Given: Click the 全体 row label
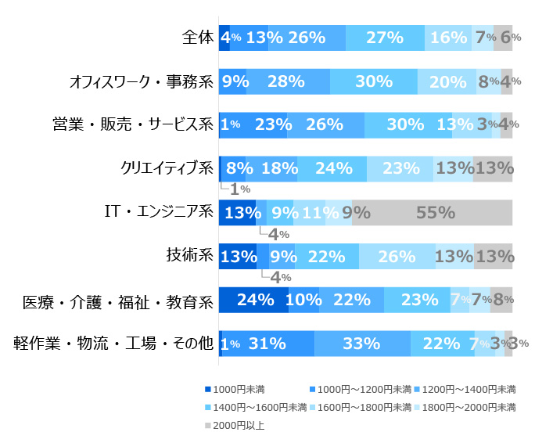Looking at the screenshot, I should [x=197, y=38].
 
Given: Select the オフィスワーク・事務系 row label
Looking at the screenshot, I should [x=141, y=81].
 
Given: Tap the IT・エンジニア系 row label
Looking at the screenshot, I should [x=159, y=212].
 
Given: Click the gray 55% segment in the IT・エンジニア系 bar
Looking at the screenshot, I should [x=433, y=212].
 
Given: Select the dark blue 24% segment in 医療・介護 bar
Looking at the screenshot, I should [x=253, y=299].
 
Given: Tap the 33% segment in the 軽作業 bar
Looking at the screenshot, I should [x=362, y=343].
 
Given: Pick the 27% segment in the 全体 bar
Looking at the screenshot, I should [x=385, y=38].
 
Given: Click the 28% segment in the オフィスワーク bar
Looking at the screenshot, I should [x=288, y=81].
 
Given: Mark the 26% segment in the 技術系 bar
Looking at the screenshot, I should [x=397, y=256].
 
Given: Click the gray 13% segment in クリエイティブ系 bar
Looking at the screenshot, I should [x=493, y=168].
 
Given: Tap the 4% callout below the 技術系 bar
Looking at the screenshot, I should [x=279, y=277].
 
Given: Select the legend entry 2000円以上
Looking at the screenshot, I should [x=239, y=426].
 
